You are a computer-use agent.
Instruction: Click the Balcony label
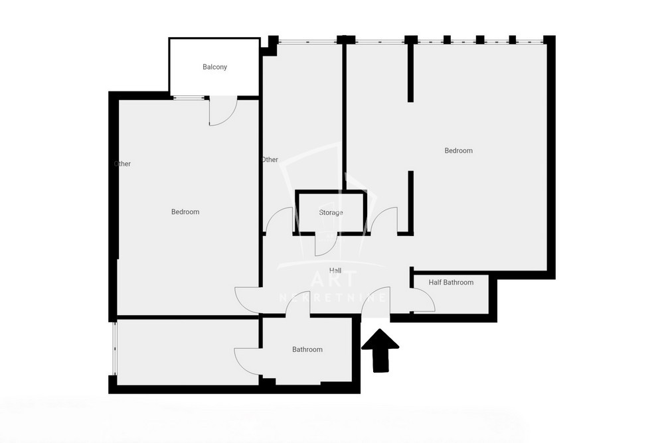(214, 67)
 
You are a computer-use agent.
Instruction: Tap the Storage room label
(331, 212)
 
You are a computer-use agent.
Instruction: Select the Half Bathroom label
(451, 283)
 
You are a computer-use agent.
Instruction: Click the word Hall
(335, 271)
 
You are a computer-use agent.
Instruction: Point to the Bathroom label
(307, 349)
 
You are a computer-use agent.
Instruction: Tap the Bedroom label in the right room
(459, 151)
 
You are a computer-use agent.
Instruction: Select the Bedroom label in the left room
(185, 212)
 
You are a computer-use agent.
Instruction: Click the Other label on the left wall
(122, 164)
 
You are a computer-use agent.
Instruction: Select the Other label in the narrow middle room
(270, 160)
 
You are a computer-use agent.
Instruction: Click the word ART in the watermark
(335, 279)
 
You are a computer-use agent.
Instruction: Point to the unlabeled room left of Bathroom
(188, 352)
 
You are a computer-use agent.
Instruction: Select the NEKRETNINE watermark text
(333, 298)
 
